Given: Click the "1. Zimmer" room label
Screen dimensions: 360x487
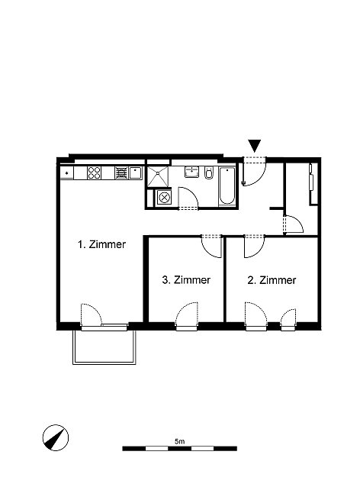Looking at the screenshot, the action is [101, 244].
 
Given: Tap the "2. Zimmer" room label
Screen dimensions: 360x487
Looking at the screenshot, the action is [272, 280].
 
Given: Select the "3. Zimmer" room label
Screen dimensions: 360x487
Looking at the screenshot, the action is [186, 280].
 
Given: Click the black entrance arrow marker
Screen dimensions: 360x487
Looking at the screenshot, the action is [255, 146].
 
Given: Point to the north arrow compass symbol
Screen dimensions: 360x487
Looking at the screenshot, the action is [56, 437].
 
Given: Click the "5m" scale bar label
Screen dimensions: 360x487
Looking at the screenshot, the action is [180, 441].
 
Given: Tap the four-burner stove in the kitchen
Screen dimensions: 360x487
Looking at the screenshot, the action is [94, 173].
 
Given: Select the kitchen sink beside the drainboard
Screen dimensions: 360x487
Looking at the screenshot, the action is [136, 173].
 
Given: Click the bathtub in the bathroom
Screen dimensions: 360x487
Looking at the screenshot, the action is [227, 186].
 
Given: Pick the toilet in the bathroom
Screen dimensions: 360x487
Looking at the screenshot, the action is [209, 173].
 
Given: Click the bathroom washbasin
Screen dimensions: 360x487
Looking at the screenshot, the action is [192, 172].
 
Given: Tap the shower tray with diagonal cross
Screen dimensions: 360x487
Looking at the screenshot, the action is [158, 176].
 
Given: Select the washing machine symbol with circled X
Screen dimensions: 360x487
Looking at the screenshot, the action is [164, 198].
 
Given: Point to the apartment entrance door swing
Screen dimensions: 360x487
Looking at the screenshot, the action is [254, 173].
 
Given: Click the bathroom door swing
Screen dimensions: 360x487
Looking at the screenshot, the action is [188, 198].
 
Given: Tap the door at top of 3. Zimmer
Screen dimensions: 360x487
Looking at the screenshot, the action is [212, 247].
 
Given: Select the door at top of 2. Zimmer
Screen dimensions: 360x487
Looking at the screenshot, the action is [254, 247].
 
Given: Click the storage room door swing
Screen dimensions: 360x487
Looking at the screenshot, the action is [294, 224].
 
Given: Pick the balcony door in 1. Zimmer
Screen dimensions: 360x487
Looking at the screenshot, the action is [92, 314].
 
